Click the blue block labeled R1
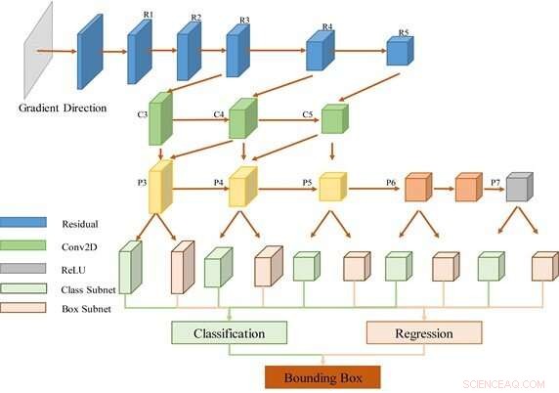click(x=140, y=51)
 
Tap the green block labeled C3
click(x=160, y=120)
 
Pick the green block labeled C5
click(x=333, y=118)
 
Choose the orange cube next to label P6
click(x=419, y=187)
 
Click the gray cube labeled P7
click(x=519, y=187)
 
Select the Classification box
click(x=230, y=333)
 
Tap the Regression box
click(x=423, y=333)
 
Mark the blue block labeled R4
click(x=320, y=52)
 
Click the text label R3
click(x=244, y=20)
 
